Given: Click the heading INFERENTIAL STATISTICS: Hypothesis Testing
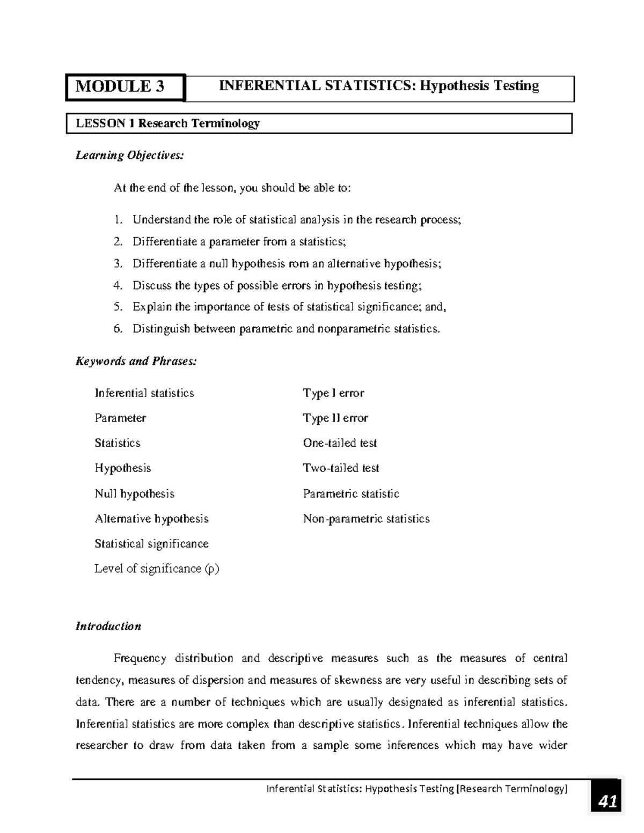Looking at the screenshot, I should coord(379,86).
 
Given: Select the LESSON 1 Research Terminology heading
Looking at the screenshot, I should coord(167,123).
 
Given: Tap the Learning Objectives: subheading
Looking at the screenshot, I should coord(129,156).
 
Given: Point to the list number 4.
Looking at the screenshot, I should coord(118,285).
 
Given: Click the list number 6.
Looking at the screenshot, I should coord(118,329).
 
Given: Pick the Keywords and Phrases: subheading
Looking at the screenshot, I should coord(136,361).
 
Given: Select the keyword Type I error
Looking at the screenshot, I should coord(333,393).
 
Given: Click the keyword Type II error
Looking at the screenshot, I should coord(335,418).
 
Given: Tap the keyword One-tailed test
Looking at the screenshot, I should coord(340,443).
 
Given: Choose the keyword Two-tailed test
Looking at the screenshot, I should coord(341,468).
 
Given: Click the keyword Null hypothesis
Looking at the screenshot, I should coord(134,493).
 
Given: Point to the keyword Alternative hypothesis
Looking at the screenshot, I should coord(151,519).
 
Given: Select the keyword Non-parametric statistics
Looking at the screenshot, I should coord(366,519).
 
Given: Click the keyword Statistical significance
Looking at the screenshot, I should coord(151,544).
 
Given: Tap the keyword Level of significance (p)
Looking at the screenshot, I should coord(157,569).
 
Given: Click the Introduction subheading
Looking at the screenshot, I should coord(108,626).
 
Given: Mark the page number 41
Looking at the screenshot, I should coord(607,802).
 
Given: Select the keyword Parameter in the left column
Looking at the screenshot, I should coord(120,418).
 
